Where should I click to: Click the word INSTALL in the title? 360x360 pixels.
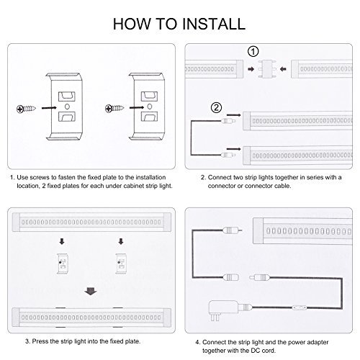click(x=213, y=24)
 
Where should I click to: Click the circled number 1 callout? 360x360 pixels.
click(x=253, y=51)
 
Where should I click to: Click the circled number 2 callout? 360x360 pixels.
click(x=216, y=108)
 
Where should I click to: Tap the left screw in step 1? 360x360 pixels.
click(x=26, y=109)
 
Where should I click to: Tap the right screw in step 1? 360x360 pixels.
click(x=114, y=108)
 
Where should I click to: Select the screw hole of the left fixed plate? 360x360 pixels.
click(x=67, y=106)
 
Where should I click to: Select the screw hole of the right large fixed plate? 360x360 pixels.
click(x=150, y=106)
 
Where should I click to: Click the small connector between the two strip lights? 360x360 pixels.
click(x=267, y=69)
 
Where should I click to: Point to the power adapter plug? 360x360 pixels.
click(x=222, y=310)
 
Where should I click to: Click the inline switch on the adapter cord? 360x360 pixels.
click(x=300, y=307)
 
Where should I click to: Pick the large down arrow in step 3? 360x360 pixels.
click(x=91, y=291)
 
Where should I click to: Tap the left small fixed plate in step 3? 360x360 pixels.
click(x=63, y=264)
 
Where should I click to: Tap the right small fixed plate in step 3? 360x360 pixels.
click(x=121, y=264)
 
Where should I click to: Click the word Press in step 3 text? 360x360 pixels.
click(x=40, y=341)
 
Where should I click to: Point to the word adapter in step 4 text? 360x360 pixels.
click(x=318, y=342)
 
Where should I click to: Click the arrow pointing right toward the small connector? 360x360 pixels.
click(x=251, y=69)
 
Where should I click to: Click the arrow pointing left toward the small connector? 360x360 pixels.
click(x=283, y=69)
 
